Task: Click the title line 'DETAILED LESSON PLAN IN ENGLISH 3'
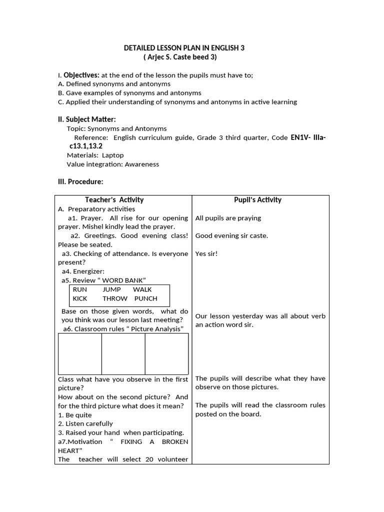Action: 184,48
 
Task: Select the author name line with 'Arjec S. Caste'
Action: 184,57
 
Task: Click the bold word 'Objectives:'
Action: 81,75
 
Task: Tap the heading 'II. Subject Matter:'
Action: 87,119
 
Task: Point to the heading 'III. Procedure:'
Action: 80,181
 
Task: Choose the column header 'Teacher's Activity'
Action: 114,200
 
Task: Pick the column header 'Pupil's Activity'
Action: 257,200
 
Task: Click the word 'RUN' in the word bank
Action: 80,289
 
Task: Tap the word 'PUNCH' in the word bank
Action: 145,298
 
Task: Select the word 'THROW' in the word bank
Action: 115,298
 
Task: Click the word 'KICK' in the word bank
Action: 80,298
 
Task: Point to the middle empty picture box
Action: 123,353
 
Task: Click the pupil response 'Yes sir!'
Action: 207,253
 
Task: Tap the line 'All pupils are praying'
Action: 228,218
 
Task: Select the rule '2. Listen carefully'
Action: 85,423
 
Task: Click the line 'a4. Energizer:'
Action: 83,271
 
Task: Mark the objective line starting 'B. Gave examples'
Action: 129,93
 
